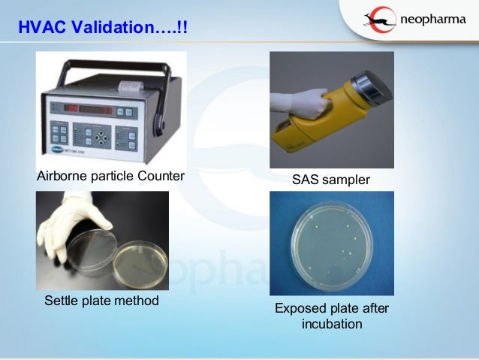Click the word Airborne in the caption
click(x=62, y=177)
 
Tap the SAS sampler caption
click(x=331, y=181)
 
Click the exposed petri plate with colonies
click(x=331, y=245)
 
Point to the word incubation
click(x=331, y=324)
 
